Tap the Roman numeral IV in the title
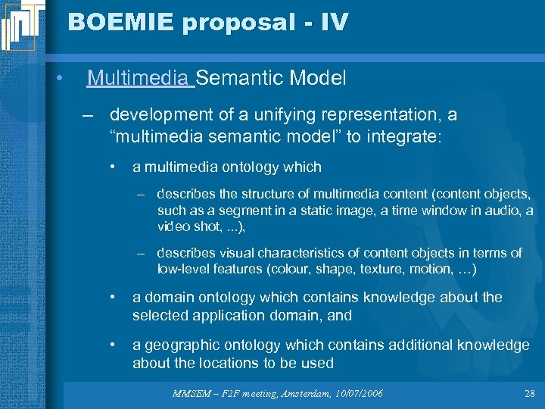point(335,22)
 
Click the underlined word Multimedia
point(139,77)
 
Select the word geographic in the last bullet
point(178,345)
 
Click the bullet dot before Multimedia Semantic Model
point(58,78)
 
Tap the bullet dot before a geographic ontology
point(111,345)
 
